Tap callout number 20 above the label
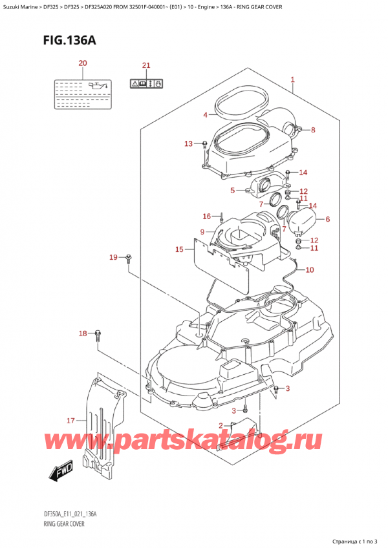pyautogui.click(x=82, y=63)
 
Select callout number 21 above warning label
pyautogui.click(x=146, y=66)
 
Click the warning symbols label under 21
pyautogui.click(x=146, y=83)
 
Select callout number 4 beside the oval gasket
pyautogui.click(x=205, y=115)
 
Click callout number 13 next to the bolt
pyautogui.click(x=188, y=143)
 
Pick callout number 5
pyautogui.click(x=233, y=191)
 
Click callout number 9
pyautogui.click(x=202, y=232)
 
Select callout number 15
pyautogui.click(x=180, y=249)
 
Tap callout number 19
pyautogui.click(x=114, y=258)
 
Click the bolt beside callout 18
pyautogui.click(x=98, y=333)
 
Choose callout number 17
pyautogui.click(x=71, y=421)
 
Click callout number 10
pyautogui.click(x=309, y=269)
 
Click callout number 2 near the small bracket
pyautogui.click(x=221, y=425)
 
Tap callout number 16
pyautogui.click(x=206, y=216)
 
